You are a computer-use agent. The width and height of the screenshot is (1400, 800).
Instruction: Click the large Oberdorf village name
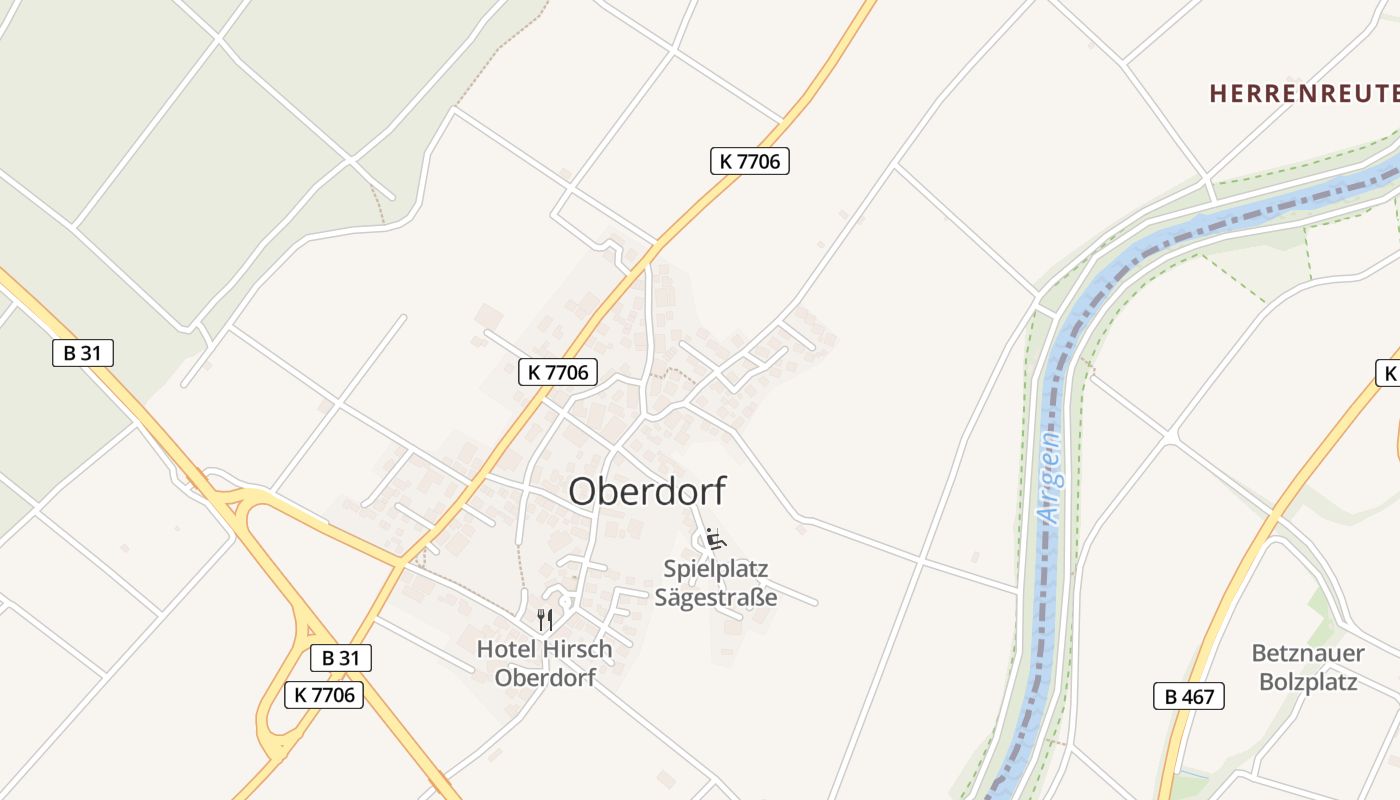[x=647, y=491]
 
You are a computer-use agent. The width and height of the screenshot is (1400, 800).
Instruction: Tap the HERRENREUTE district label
[x=1302, y=94]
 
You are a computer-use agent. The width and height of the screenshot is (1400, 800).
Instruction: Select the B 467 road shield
[x=1188, y=696]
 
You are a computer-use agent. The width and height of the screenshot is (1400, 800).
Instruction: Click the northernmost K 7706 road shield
[x=749, y=160]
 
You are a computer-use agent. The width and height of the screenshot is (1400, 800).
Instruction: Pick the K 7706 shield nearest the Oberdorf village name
[x=558, y=372]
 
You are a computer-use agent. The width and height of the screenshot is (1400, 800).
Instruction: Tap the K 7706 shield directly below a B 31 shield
[x=323, y=694]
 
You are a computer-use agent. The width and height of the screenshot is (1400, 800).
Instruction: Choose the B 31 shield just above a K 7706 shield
[x=340, y=657]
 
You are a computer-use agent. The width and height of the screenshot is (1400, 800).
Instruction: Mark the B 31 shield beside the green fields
[x=83, y=352]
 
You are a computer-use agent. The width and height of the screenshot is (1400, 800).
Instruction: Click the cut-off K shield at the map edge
[x=1388, y=373]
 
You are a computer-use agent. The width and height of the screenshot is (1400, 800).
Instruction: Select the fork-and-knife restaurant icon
[x=544, y=619]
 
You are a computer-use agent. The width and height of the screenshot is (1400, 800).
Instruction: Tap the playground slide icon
[x=715, y=539]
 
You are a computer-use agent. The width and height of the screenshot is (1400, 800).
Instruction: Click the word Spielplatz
[x=715, y=569]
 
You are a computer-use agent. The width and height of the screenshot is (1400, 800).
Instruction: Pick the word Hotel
[x=505, y=649]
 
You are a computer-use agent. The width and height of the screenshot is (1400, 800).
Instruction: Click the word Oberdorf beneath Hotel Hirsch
[x=545, y=677]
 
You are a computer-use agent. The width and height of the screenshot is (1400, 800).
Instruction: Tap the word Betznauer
[x=1307, y=654]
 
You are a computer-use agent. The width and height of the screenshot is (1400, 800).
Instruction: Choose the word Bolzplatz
[x=1307, y=682]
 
